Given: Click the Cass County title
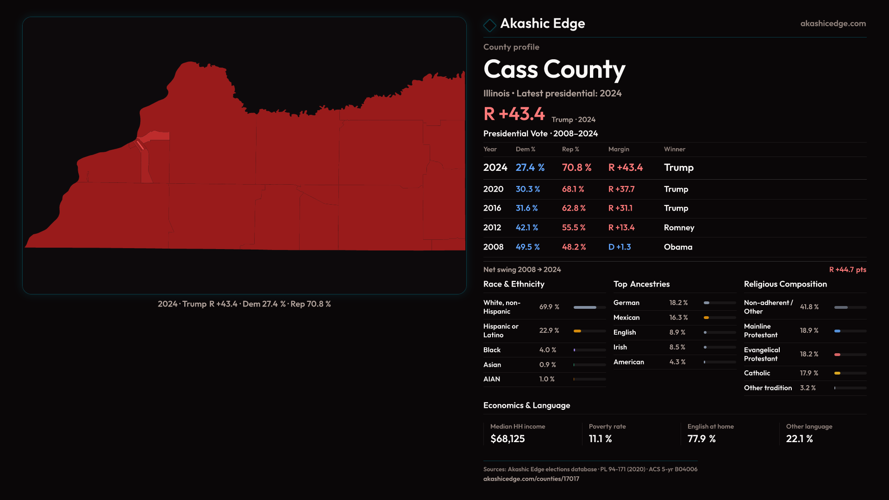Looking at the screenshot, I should pyautogui.click(x=554, y=69).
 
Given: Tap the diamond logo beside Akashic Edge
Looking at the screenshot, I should pyautogui.click(x=489, y=25).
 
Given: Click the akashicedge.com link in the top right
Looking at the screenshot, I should pyautogui.click(x=833, y=24).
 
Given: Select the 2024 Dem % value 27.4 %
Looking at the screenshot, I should pyautogui.click(x=530, y=168).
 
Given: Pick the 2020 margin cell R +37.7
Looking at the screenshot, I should pyautogui.click(x=621, y=189).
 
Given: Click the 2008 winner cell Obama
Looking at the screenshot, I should pyautogui.click(x=678, y=247).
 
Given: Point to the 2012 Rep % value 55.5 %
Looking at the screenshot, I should pyautogui.click(x=574, y=228).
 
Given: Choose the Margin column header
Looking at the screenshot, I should pyautogui.click(x=619, y=149).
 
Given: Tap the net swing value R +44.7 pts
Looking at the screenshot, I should pyautogui.click(x=847, y=269).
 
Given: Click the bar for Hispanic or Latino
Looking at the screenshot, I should pyautogui.click(x=577, y=331).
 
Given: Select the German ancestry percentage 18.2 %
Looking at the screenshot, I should pyautogui.click(x=678, y=303).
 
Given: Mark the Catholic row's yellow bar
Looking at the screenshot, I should pyautogui.click(x=837, y=373).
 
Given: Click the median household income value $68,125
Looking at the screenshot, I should pyautogui.click(x=507, y=439).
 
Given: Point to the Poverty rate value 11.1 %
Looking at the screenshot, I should pyautogui.click(x=600, y=439).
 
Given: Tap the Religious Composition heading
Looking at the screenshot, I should pyautogui.click(x=785, y=284).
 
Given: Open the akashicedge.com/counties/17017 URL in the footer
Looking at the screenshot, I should pyautogui.click(x=531, y=479).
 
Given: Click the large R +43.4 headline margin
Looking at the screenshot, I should pyautogui.click(x=514, y=114).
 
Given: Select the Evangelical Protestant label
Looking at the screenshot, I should pyautogui.click(x=762, y=354).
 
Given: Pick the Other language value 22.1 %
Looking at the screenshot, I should pyautogui.click(x=799, y=439).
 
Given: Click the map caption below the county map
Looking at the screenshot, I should pyautogui.click(x=244, y=304).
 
